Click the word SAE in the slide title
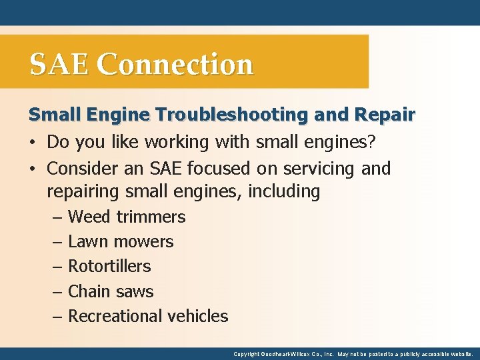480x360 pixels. [x=59, y=65]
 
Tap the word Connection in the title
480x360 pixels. [x=175, y=65]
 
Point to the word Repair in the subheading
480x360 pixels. [x=385, y=115]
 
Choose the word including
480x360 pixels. [x=284, y=192]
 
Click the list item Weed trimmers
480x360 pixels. [x=127, y=217]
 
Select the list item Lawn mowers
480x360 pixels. [x=121, y=241]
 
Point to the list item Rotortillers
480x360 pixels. [x=109, y=266]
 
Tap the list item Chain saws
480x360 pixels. [x=111, y=291]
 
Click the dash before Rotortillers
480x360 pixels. [x=57, y=267]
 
